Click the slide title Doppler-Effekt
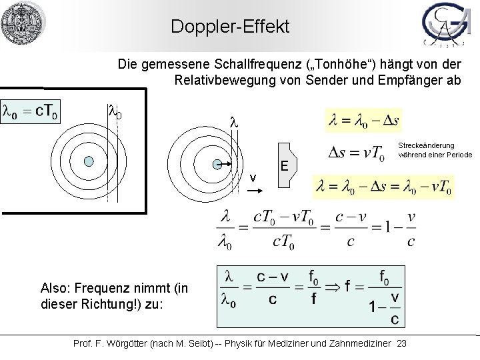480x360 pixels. point(230,27)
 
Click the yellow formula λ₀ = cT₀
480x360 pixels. point(31,111)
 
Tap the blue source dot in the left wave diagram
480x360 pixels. point(89,161)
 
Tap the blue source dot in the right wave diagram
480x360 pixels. point(217,163)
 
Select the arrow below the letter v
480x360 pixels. point(256,190)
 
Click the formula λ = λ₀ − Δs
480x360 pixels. point(364,121)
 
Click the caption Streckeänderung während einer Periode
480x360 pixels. point(435,150)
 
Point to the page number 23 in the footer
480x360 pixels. point(401,343)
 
